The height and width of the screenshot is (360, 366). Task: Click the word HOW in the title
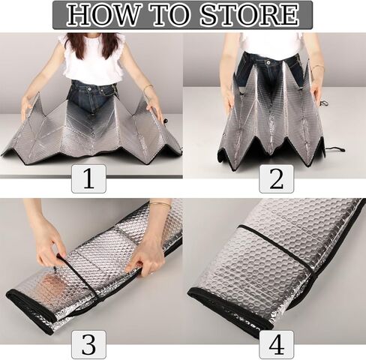(x=102, y=14)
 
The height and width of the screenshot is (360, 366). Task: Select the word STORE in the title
(x=250, y=14)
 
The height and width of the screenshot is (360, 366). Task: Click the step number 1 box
(x=88, y=179)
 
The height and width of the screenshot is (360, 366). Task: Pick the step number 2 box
(x=276, y=179)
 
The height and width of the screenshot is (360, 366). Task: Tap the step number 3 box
(x=88, y=345)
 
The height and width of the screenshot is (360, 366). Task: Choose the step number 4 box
(x=276, y=345)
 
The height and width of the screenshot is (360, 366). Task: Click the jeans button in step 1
(x=89, y=89)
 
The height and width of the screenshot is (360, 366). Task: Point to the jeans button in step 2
(x=268, y=61)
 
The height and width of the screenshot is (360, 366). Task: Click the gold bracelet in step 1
(x=148, y=88)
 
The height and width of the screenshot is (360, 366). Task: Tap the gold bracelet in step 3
(x=160, y=203)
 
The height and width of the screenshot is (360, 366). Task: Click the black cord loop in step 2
(x=335, y=149)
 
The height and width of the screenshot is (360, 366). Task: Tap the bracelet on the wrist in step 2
(x=317, y=67)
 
